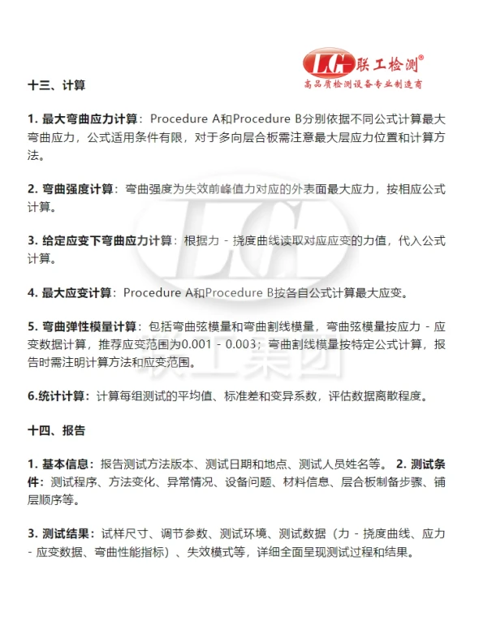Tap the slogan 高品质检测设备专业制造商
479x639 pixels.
pos(362,84)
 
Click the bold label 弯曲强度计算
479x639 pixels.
pos(78,189)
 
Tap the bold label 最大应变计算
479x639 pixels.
pos(78,292)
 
